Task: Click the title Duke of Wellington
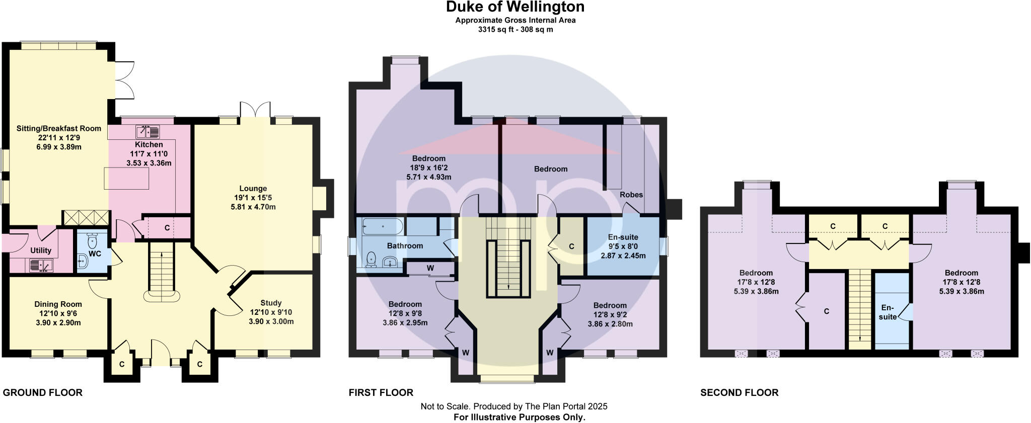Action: [x=515, y=7]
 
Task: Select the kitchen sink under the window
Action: [x=148, y=132]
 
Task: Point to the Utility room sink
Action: [x=40, y=265]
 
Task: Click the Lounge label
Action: [x=253, y=189]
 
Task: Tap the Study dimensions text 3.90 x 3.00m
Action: [x=271, y=321]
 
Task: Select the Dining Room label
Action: [x=58, y=304]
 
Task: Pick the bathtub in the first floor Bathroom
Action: [x=382, y=226]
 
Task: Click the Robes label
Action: [x=631, y=195]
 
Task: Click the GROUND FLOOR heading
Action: [x=43, y=393]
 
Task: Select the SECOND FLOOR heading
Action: [x=739, y=393]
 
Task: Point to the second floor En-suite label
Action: [x=888, y=312]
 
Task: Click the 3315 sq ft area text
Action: [x=515, y=30]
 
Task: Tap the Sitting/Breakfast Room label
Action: [x=58, y=129]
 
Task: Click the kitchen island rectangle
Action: [x=126, y=179]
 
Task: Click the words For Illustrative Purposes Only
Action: [x=519, y=417]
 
